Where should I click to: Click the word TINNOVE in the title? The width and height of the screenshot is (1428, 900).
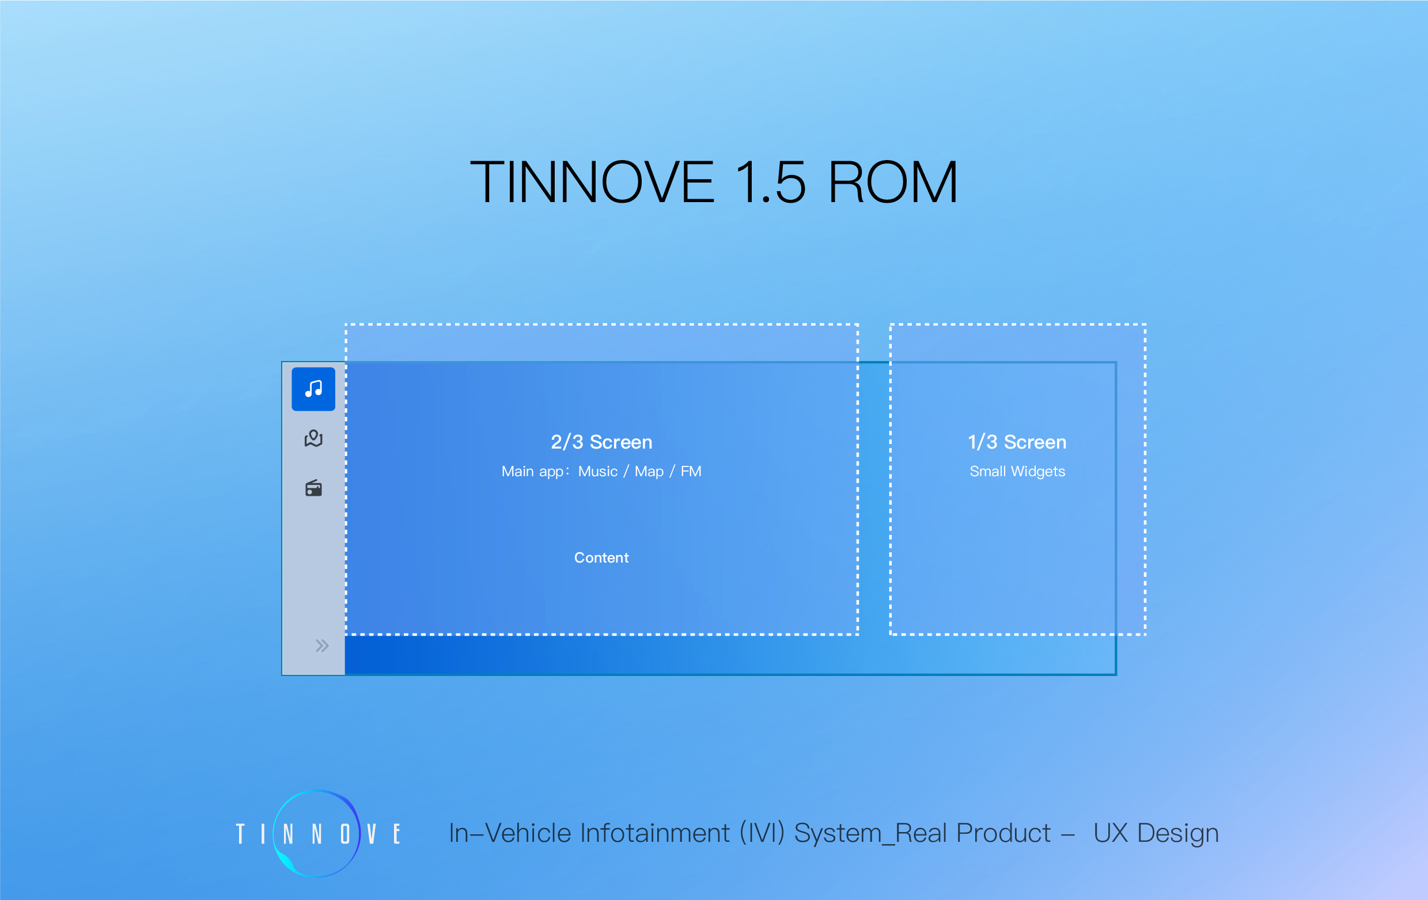coord(592,182)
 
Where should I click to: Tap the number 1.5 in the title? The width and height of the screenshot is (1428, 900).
coord(770,182)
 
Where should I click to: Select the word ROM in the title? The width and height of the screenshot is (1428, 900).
coord(892,182)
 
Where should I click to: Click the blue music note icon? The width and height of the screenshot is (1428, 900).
coord(313,389)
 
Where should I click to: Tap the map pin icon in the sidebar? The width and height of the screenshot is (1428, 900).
coord(313,438)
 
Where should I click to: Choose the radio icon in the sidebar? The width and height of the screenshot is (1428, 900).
coord(313,488)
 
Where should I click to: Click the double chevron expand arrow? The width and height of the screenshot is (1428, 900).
coord(322,645)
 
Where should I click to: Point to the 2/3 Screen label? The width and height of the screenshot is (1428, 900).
coord(601,442)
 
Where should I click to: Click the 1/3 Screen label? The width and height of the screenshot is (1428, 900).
coord(1017,442)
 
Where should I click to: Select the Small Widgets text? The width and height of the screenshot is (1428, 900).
coord(1017,472)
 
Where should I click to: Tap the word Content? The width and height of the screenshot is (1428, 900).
coord(601,558)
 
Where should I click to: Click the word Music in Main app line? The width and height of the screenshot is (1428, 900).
coord(598,472)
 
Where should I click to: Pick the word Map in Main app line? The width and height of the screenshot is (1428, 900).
coord(649,472)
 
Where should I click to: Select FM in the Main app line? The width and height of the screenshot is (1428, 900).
coord(691,472)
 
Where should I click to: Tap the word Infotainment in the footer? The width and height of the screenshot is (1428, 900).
coord(656,833)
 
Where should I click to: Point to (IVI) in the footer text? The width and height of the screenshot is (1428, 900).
coord(762,834)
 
